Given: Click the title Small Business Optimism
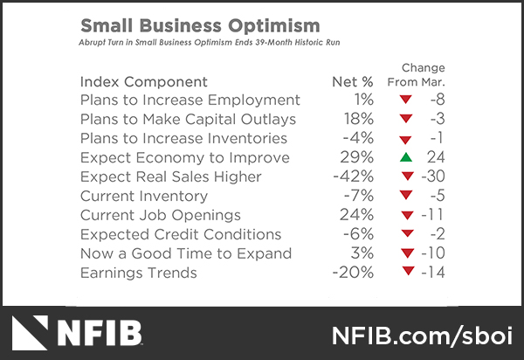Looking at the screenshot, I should point(200,25).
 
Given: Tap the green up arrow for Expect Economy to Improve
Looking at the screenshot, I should point(404,157).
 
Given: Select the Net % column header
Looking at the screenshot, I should point(353,81).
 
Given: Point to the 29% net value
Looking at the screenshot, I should point(358,157).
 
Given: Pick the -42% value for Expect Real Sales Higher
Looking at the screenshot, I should point(354,177).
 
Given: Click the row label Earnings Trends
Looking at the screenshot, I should point(138,273).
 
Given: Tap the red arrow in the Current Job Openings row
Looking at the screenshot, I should point(404,215).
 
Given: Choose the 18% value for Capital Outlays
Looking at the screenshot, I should point(358,119).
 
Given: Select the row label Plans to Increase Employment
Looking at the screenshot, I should point(190,100).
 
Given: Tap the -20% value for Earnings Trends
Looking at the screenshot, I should point(354,273).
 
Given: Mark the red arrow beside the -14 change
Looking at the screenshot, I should point(405,273).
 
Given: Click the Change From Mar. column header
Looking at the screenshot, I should point(424,75).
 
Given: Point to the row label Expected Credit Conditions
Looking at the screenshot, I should point(180,234).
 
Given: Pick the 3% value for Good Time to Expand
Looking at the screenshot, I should point(362,253).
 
